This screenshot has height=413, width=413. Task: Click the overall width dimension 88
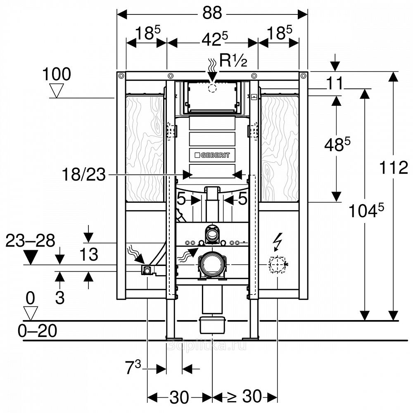212,14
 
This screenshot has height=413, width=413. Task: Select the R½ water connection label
233,61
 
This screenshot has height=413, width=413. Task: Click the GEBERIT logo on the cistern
212,155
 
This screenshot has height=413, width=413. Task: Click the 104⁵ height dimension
366,211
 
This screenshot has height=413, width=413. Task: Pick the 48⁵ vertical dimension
337,144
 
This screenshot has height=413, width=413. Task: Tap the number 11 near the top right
334,83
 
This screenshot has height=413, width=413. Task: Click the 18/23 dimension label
83,175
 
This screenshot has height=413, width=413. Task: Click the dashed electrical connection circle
277,264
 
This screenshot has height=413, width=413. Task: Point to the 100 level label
57,75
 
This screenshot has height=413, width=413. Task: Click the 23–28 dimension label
30,241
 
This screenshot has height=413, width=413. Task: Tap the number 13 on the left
88,255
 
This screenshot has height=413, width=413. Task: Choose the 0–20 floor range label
37,331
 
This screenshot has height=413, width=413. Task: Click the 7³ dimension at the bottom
133,367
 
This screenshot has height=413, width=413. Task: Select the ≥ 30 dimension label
244,397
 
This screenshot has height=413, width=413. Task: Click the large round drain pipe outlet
212,264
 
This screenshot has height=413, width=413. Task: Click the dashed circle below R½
212,88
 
